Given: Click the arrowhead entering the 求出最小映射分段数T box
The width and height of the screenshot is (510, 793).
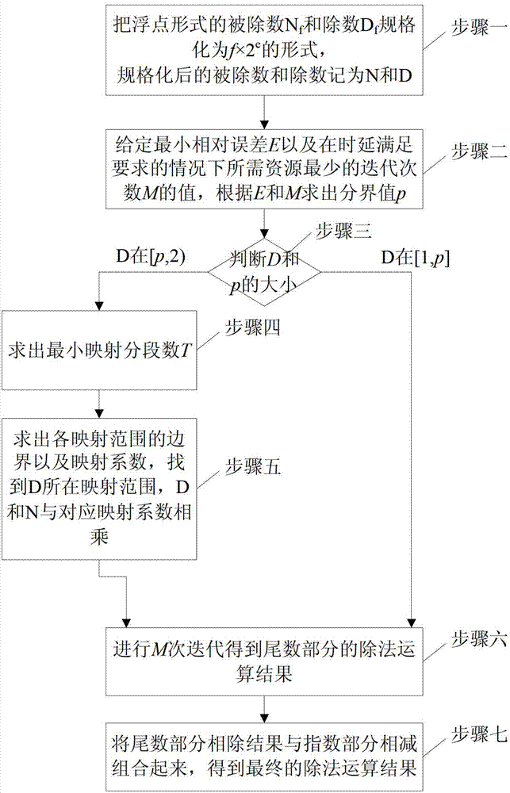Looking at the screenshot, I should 99,308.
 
